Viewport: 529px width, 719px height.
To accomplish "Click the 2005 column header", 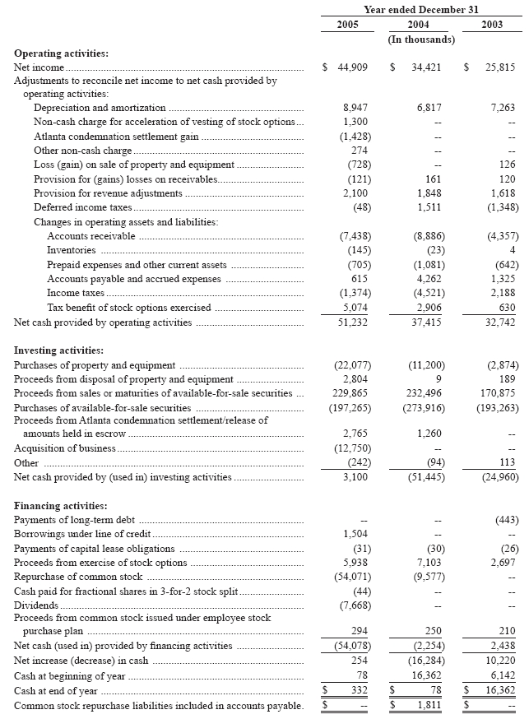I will [x=348, y=25].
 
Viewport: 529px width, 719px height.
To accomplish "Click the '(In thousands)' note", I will [x=421, y=39].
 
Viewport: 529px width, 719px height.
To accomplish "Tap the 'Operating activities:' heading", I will [x=62, y=53].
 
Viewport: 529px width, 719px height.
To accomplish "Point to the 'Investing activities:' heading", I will [x=59, y=350].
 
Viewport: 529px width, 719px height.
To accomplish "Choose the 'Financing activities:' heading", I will [x=61, y=506].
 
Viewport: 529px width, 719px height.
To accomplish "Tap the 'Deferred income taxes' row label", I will [x=82, y=207].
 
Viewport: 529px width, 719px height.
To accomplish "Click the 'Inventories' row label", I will [x=72, y=249].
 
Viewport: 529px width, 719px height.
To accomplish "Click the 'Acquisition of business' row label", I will [x=64, y=448].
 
